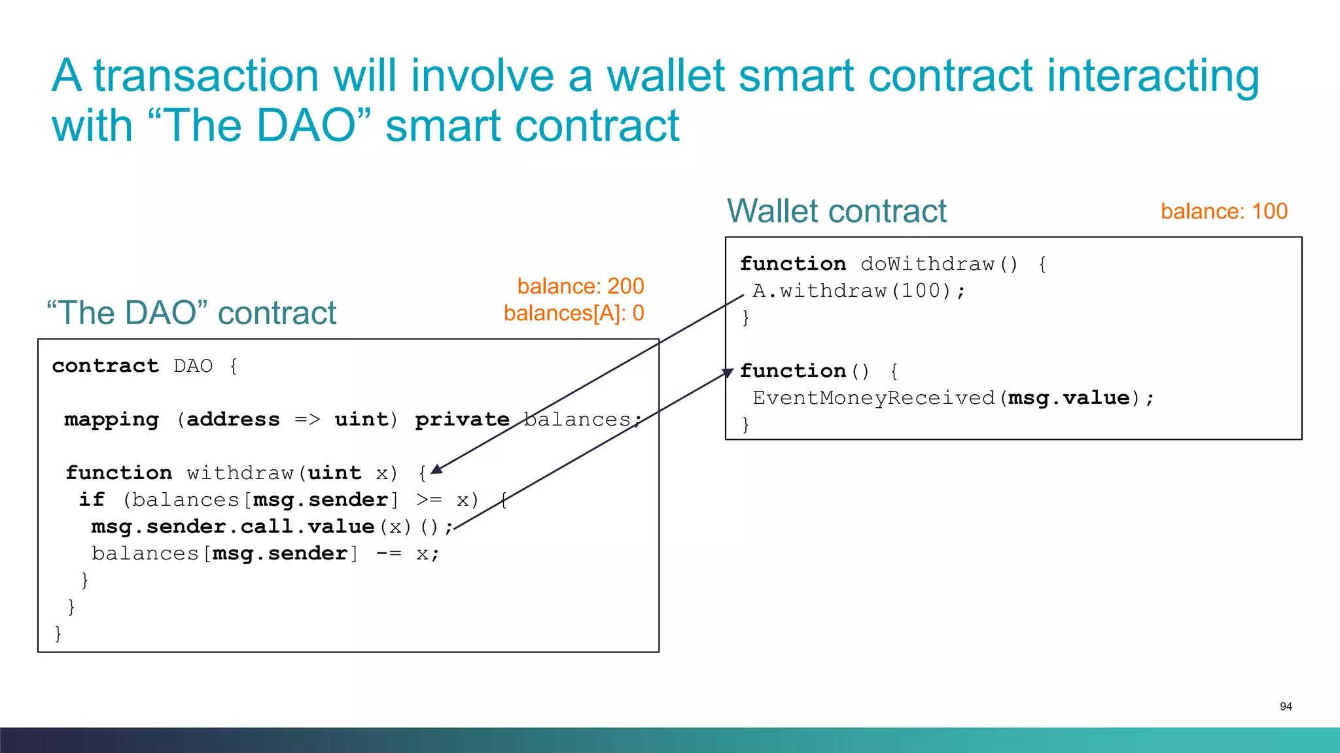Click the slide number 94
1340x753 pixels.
point(1286,707)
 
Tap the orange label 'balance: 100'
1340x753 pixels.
point(1224,212)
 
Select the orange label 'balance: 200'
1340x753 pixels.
point(580,286)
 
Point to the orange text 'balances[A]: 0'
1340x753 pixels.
point(574,314)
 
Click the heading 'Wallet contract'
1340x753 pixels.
point(836,211)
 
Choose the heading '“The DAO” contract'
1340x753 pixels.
point(192,313)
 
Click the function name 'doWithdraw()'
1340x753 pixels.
point(939,264)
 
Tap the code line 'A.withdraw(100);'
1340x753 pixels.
point(858,291)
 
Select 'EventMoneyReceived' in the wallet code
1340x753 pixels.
point(873,398)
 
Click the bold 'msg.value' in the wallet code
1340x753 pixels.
point(1069,398)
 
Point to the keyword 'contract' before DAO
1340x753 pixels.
point(105,366)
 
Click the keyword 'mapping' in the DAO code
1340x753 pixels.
point(112,420)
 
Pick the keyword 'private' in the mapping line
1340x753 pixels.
point(463,420)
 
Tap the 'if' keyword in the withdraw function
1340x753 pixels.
point(92,500)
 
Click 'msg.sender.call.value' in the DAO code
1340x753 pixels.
point(233,527)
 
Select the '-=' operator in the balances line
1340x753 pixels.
point(389,554)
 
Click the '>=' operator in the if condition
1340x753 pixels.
point(429,500)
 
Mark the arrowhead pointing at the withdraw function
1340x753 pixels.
point(437,469)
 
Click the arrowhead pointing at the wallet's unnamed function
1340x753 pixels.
point(728,373)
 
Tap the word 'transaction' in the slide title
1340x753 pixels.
point(206,76)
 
